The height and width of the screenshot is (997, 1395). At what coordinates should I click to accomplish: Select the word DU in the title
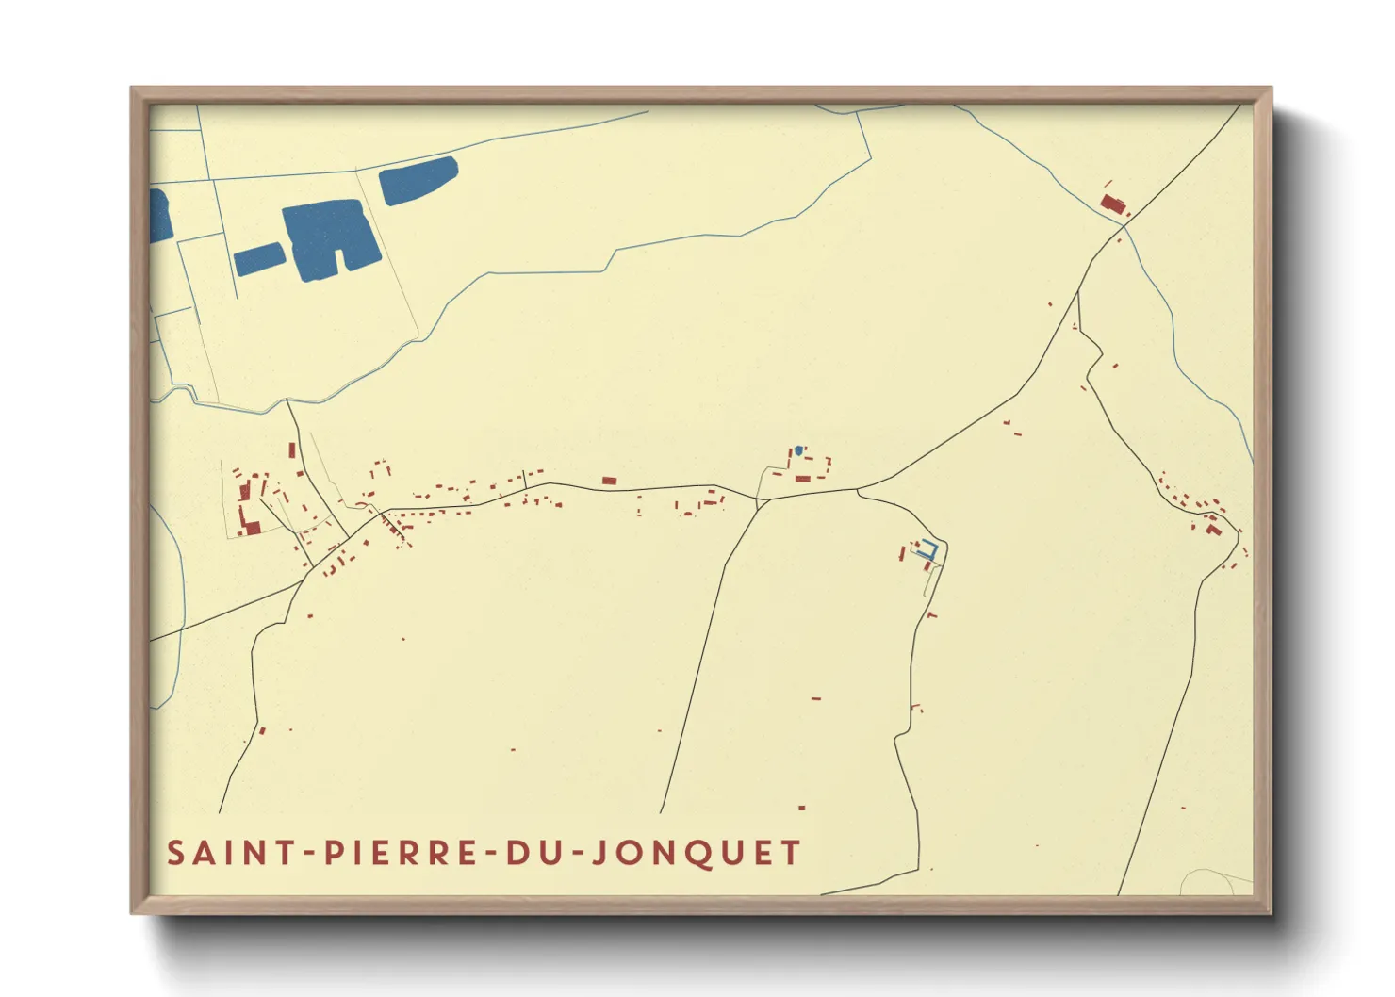[534, 853]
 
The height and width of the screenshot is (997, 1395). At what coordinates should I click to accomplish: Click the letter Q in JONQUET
[694, 854]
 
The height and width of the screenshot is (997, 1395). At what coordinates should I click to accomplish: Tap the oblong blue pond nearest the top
[418, 180]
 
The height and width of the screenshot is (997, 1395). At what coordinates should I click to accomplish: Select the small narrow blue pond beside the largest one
[258, 258]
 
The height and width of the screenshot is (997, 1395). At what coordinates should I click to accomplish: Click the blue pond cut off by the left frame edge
[159, 216]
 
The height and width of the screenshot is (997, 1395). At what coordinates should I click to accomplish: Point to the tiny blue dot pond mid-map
[798, 450]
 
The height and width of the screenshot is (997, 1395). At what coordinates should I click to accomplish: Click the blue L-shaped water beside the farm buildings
[927, 552]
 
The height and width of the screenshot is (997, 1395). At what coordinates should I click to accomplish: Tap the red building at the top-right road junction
[1113, 204]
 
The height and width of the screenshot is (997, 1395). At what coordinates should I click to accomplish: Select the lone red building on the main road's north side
[609, 481]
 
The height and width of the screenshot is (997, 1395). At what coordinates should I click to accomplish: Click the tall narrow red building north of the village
[292, 450]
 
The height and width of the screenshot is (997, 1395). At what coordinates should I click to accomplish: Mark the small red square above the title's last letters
[801, 808]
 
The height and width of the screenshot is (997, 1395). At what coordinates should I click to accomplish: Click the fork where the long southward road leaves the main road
[758, 501]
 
